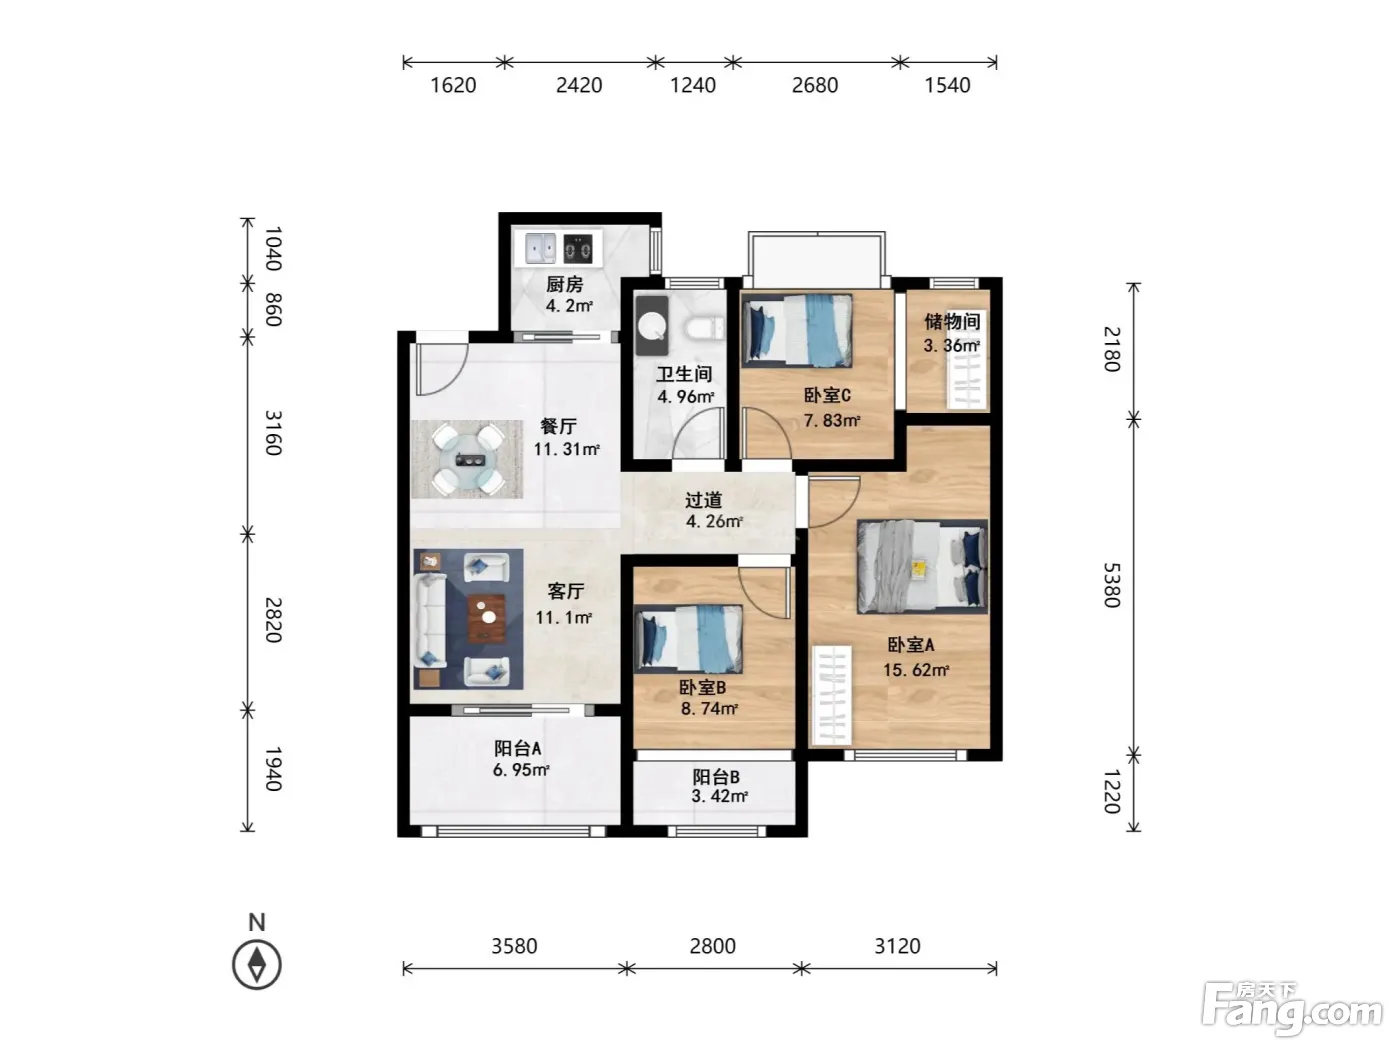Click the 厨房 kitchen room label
click(564, 284)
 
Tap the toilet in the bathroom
click(704, 329)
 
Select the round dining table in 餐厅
click(468, 459)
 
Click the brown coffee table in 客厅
click(487, 618)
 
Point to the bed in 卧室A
click(922, 567)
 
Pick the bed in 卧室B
click(689, 639)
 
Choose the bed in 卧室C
click(797, 330)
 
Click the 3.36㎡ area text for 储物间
click(952, 346)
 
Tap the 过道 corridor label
click(704, 500)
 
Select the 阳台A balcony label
click(517, 748)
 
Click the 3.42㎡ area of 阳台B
click(719, 796)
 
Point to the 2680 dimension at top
click(814, 85)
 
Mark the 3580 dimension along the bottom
click(514, 945)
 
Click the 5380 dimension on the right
click(1112, 585)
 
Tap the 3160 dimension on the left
click(274, 433)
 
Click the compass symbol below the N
click(256, 965)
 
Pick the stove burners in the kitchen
click(578, 249)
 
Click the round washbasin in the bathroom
click(652, 325)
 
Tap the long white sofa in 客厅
click(429, 620)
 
